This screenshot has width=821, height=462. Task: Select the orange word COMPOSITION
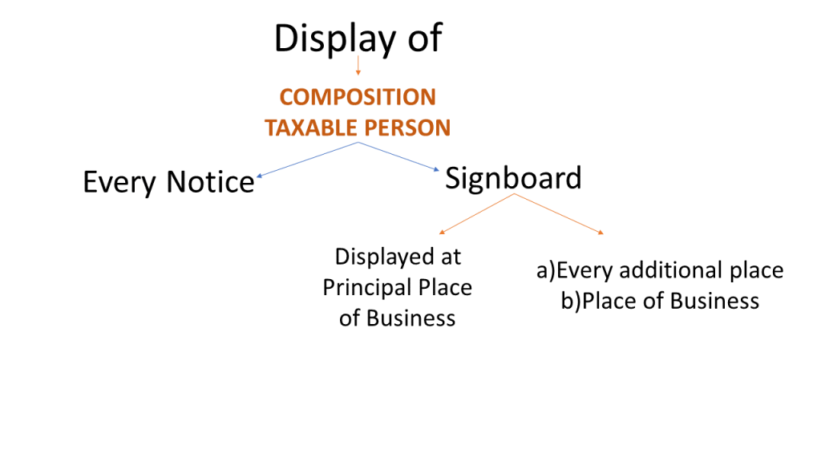(358, 98)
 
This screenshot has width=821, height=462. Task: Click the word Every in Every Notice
(120, 183)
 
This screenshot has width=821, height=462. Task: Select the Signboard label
(513, 178)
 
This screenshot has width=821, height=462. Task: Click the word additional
(673, 270)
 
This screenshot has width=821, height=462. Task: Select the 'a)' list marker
(545, 270)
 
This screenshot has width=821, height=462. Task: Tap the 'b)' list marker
(571, 301)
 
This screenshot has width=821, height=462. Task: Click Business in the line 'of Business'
(410, 318)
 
